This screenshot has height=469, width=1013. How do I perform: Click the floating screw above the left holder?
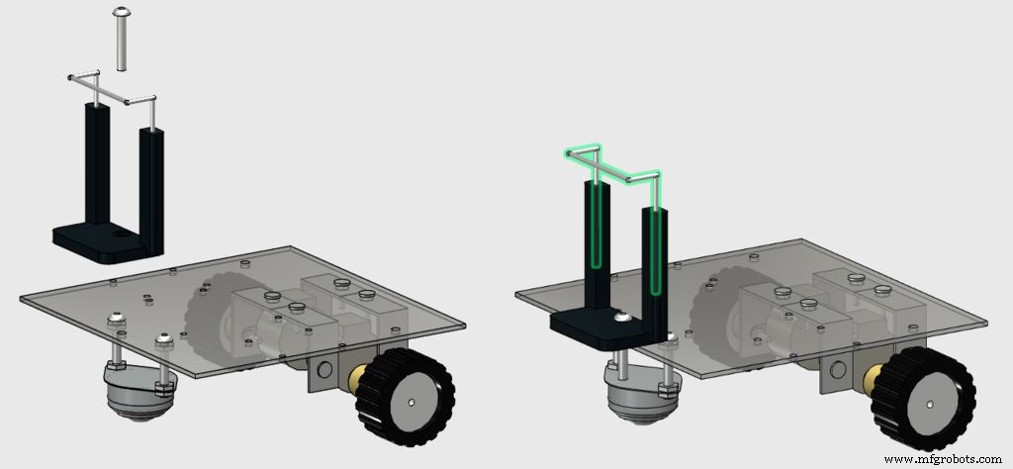tap(120, 39)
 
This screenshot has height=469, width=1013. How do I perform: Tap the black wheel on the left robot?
tap(405, 397)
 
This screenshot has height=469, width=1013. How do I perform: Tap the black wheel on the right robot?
tap(923, 398)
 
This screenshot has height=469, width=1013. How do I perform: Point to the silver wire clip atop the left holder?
tap(111, 90)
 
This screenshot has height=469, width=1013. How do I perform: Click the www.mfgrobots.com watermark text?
tap(943, 460)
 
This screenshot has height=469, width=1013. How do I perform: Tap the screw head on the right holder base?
tap(622, 318)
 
